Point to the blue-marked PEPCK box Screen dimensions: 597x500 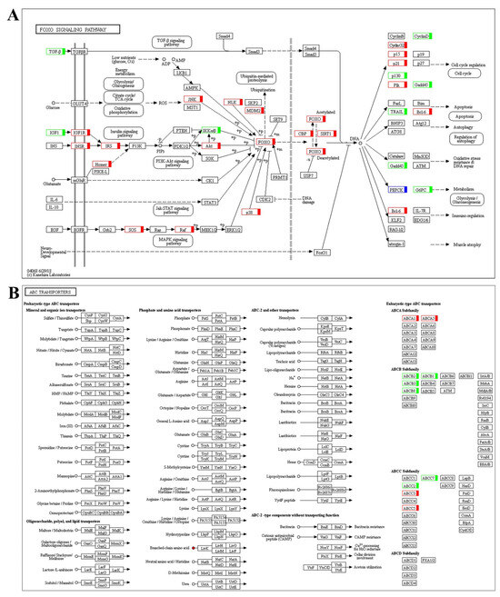[396, 190]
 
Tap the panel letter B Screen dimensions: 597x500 [13, 294]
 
